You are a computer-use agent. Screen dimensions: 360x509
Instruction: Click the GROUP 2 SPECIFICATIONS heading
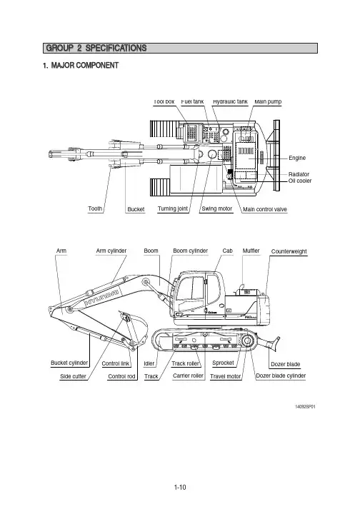pyautogui.click(x=96, y=48)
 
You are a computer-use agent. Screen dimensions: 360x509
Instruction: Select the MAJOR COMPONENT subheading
pyautogui.click(x=81, y=65)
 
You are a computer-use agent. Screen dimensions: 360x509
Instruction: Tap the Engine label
pyautogui.click(x=297, y=158)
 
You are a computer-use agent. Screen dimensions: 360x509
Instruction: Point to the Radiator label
pyautogui.click(x=299, y=174)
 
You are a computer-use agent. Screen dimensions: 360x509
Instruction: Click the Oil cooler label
pyautogui.click(x=300, y=181)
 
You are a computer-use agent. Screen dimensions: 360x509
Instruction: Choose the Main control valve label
pyautogui.click(x=265, y=209)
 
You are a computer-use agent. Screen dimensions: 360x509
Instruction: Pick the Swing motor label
pyautogui.click(x=216, y=208)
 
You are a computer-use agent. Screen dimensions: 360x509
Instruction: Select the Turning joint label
pyautogui.click(x=173, y=208)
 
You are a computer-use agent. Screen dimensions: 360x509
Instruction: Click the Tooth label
pyautogui.click(x=95, y=208)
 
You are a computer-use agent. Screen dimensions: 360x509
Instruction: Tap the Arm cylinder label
pyautogui.click(x=111, y=251)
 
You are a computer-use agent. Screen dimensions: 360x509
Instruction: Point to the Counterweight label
pyautogui.click(x=289, y=251)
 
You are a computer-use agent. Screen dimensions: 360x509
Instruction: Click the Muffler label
pyautogui.click(x=251, y=251)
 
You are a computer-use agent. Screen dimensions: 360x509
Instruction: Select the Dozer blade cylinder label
pyautogui.click(x=281, y=376)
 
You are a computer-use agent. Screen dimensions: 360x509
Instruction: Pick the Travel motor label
pyautogui.click(x=226, y=376)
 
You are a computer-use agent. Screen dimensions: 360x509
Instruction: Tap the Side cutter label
pyautogui.click(x=73, y=376)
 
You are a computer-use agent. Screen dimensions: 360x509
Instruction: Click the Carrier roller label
pyautogui.click(x=188, y=376)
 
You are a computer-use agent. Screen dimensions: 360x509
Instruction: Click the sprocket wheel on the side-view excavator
pyautogui.click(x=247, y=341)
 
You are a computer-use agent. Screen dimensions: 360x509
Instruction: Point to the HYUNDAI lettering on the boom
pyautogui.click(x=101, y=298)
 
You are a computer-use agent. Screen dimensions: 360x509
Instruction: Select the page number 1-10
pyautogui.click(x=180, y=487)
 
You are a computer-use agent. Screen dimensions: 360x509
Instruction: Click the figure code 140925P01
pyautogui.click(x=305, y=407)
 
